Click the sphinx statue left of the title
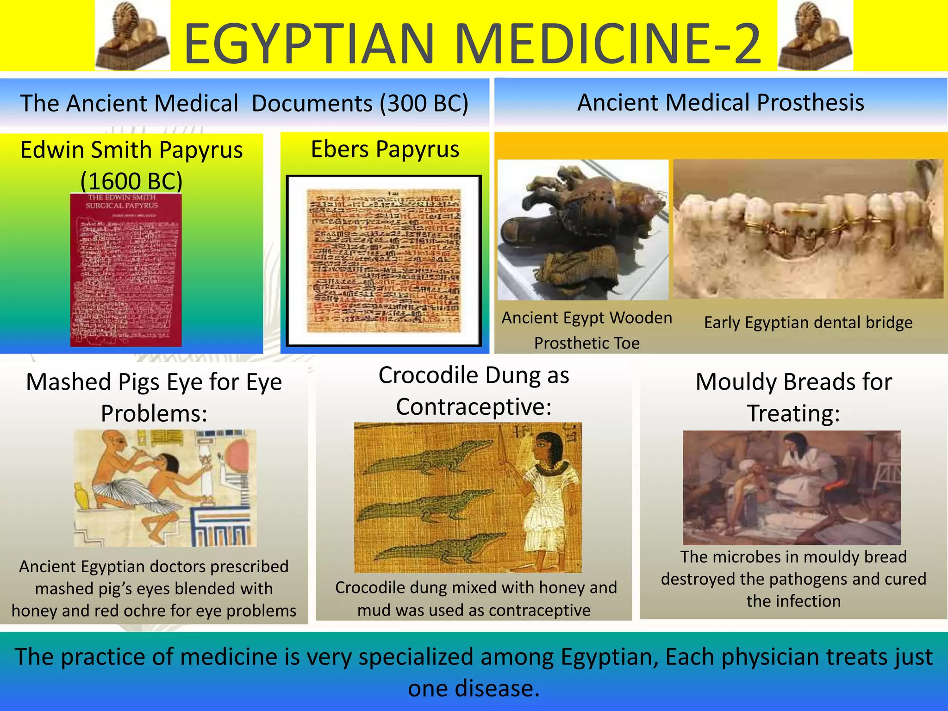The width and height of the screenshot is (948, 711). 132,36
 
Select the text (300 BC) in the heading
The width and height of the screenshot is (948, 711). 424,103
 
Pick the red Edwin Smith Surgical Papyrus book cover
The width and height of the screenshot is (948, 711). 126,270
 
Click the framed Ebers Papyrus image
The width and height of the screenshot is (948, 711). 384,261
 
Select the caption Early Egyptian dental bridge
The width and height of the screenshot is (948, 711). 808,322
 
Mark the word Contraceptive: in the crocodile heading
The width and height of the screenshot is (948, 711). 474,407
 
